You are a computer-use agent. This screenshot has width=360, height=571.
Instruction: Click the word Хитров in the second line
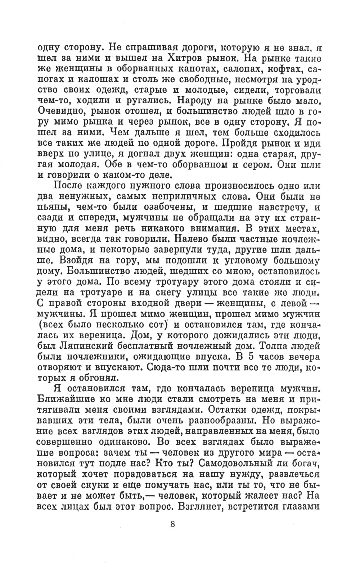189,58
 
